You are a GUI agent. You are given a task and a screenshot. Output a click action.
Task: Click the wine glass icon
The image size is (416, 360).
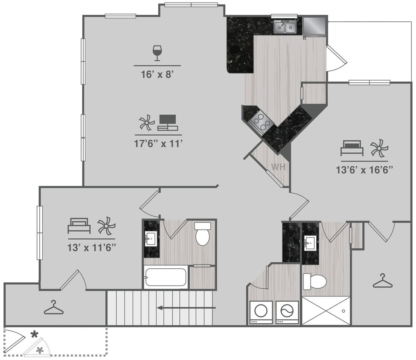pyautogui.click(x=157, y=53)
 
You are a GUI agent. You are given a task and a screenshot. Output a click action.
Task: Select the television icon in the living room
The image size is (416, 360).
pyautogui.click(x=167, y=122)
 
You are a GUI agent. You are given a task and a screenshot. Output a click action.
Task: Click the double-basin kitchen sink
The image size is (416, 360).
pyautogui.click(x=285, y=27)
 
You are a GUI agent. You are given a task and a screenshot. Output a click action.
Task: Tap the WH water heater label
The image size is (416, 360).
pyautogui.click(x=278, y=167)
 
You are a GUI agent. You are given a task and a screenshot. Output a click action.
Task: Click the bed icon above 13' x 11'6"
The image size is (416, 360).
pyautogui.click(x=79, y=226)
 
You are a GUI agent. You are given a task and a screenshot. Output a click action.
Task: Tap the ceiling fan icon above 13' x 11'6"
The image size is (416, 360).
pyautogui.click(x=106, y=226)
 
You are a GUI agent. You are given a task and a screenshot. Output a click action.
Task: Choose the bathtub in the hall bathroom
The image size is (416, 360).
pyautogui.click(x=166, y=278)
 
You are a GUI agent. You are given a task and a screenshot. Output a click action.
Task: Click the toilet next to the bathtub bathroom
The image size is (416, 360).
pyautogui.click(x=203, y=234)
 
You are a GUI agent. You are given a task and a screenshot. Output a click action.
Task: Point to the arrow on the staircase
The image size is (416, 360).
pyautogui.click(x=186, y=307)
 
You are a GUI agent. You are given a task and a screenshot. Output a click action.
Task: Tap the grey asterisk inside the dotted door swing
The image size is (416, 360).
pyautogui.click(x=40, y=350)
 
